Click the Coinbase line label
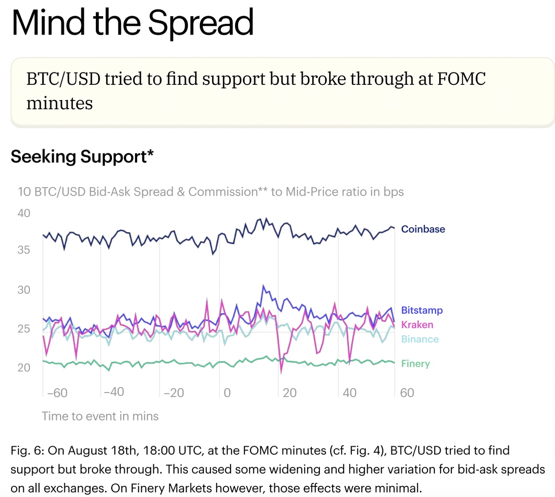click(x=423, y=229)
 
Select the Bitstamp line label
click(x=422, y=310)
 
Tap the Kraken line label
click(x=417, y=325)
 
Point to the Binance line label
click(x=420, y=339)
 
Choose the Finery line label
click(x=415, y=364)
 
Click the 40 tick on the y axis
click(x=24, y=213)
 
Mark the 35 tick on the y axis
click(x=24, y=250)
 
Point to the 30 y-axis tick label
click(x=24, y=290)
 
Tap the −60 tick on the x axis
click(x=57, y=393)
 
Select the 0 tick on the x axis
click(x=227, y=393)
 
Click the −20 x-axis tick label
click(x=174, y=393)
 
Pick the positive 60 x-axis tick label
click(x=407, y=393)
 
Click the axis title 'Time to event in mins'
click(x=100, y=416)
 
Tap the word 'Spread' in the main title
click(x=201, y=23)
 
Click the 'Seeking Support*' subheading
click(x=82, y=157)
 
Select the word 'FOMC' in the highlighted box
click(x=461, y=79)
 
